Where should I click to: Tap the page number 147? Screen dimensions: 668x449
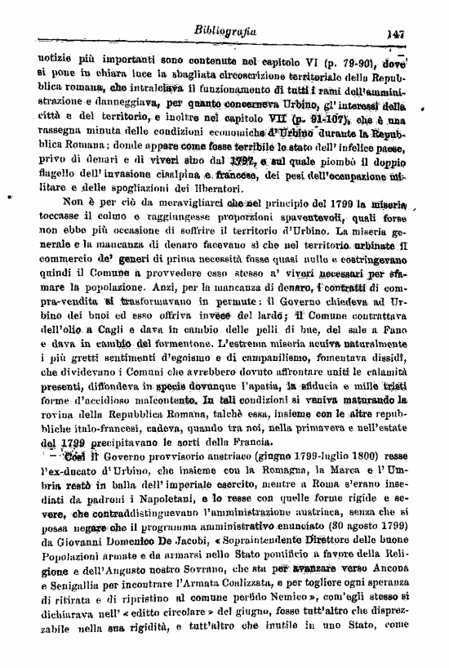[397, 33]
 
